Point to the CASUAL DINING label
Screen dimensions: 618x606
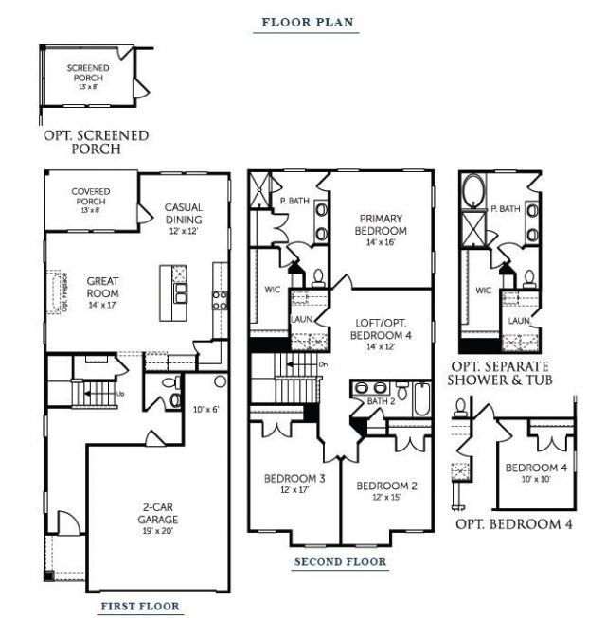[184, 214]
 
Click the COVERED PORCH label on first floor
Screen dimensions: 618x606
[91, 197]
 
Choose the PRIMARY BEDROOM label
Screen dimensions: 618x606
[381, 225]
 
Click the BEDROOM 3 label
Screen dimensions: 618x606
[294, 479]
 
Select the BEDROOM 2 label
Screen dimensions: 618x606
[386, 486]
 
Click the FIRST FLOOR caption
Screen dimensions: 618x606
[139, 606]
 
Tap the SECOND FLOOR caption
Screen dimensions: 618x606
[340, 562]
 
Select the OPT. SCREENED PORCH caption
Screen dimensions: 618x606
[96, 142]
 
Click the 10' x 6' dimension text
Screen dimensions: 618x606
[205, 410]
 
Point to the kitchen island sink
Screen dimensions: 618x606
[180, 292]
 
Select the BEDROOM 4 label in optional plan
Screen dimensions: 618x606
[536, 468]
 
